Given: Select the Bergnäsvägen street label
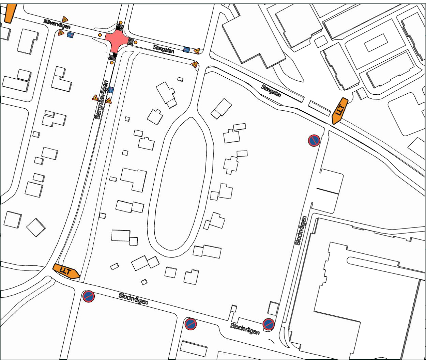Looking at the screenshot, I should click(x=102, y=99).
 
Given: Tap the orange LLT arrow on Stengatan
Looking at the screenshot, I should click(x=339, y=110).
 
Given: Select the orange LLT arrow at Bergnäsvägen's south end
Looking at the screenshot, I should click(x=66, y=271).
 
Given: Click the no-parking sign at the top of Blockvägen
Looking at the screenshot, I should click(x=314, y=140).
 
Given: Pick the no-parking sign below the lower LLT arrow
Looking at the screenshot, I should click(x=89, y=297).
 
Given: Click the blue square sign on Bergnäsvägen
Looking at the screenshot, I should click(x=111, y=90).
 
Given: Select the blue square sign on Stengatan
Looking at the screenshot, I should click(x=186, y=50).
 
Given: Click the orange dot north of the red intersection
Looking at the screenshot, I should click(x=121, y=22).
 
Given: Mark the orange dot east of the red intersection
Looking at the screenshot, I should click(x=136, y=42).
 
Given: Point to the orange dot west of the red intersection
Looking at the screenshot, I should click(x=100, y=35).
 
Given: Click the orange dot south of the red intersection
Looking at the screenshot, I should click(x=112, y=62).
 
